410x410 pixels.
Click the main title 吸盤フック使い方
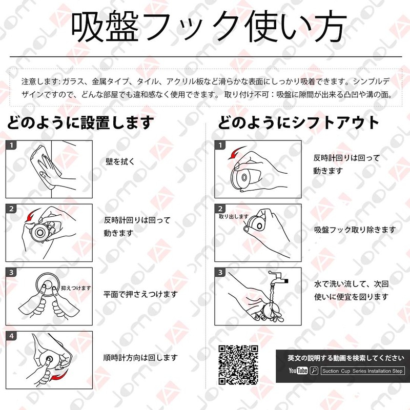coord(209,27)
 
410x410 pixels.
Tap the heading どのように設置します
coord(80,122)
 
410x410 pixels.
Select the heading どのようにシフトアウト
coord(298,122)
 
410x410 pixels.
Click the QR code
coord(238,365)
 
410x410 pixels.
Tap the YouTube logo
coord(298,371)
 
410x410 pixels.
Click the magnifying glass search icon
coord(314,371)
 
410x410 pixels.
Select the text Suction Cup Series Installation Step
coord(362,371)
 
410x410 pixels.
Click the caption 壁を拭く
coord(120,161)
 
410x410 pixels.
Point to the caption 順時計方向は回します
coord(140,357)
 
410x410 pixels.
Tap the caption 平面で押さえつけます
coord(140,294)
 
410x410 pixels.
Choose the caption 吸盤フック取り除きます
coord(355,230)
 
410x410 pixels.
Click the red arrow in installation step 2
coord(33,215)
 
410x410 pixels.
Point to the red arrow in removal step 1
coord(236,152)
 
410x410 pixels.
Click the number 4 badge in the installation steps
coord(11,336)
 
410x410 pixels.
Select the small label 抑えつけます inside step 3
coord(76,288)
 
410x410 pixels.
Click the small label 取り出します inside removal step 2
coord(234,216)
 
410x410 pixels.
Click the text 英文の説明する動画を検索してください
coord(346,358)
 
